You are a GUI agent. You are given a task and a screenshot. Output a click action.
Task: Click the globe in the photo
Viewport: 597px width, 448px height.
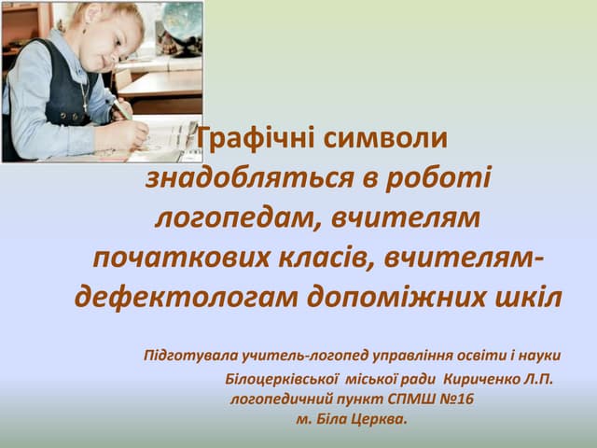coord(182,21)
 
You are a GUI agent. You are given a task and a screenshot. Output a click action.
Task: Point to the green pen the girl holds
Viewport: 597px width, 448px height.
coord(120,106)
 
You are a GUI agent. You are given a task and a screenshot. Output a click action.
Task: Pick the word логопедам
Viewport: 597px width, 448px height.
coord(219,217)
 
